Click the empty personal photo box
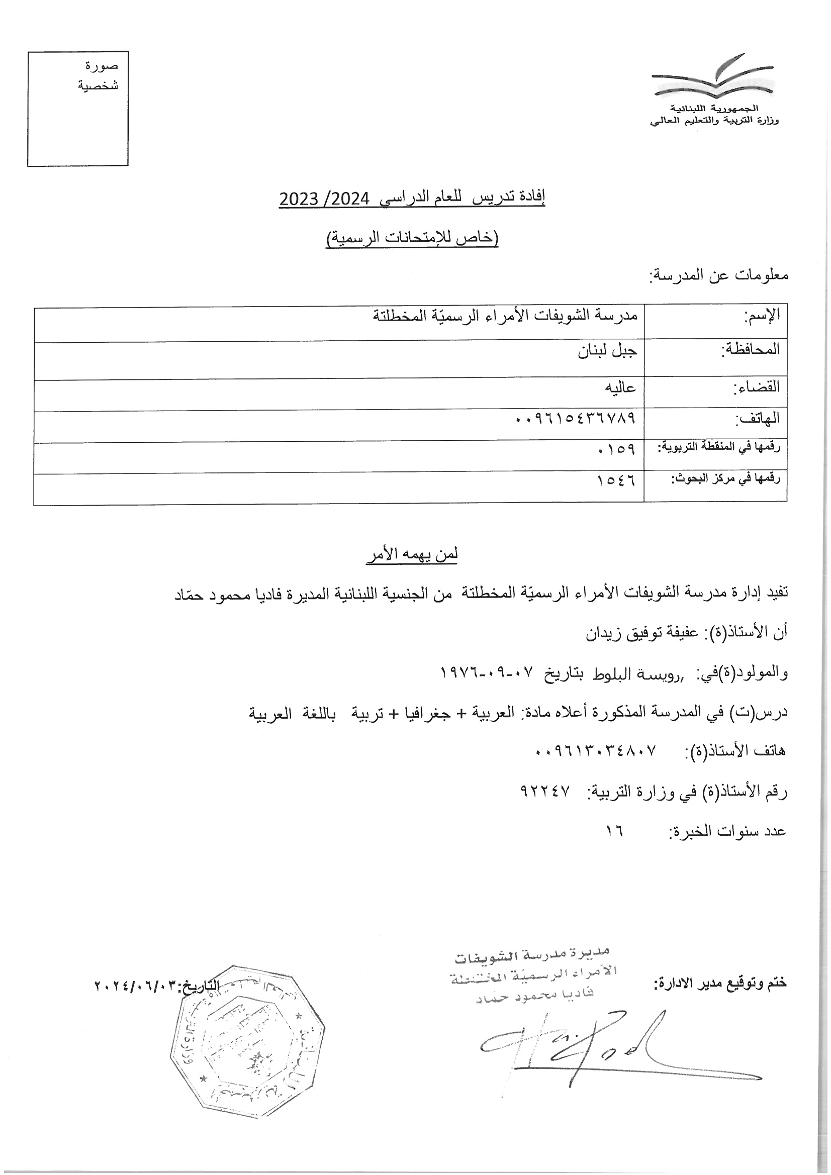click(77, 109)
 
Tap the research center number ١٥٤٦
click(616, 481)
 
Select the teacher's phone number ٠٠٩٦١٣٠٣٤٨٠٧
click(595, 751)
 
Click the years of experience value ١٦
click(614, 831)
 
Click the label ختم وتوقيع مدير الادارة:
click(720, 983)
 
